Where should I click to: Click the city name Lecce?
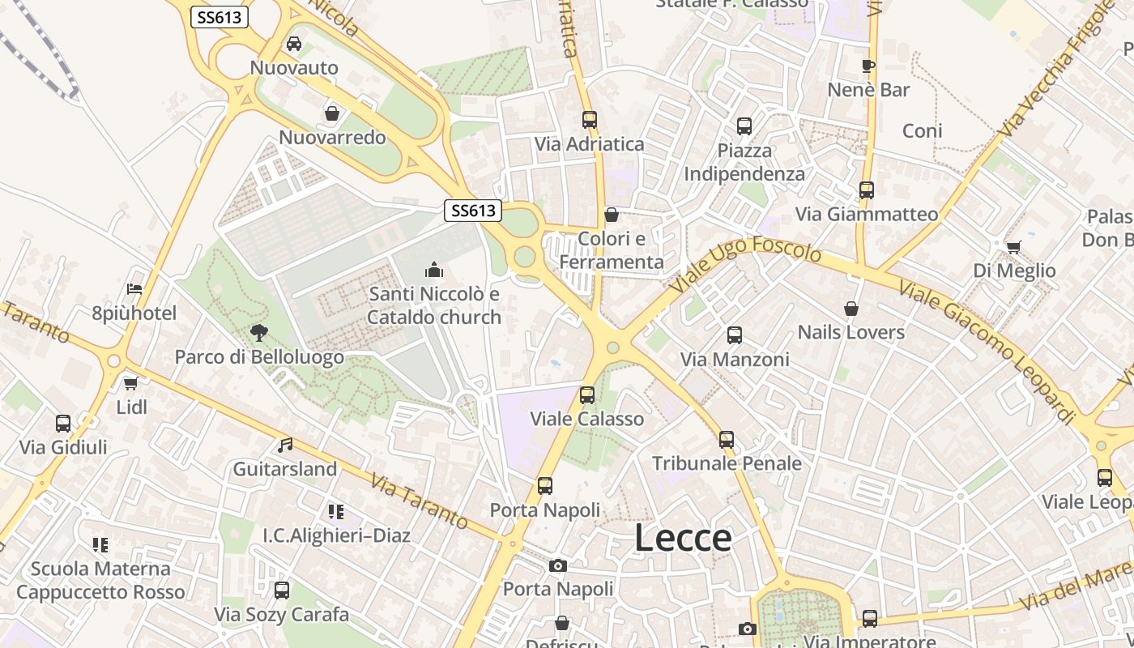[x=683, y=538]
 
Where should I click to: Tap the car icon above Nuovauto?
[x=294, y=44]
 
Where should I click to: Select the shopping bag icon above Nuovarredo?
[x=331, y=113]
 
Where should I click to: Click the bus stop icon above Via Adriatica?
[x=590, y=120]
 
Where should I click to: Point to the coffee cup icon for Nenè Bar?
[x=868, y=66]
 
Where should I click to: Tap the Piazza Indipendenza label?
[x=744, y=162]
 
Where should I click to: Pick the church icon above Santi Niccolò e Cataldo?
[x=434, y=270]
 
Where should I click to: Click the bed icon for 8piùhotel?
[x=134, y=289]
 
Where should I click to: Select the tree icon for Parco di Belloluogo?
[x=259, y=332]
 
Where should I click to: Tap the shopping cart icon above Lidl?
[x=131, y=383]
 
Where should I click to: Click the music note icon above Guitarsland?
[x=285, y=445]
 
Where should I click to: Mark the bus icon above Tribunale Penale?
[x=727, y=440]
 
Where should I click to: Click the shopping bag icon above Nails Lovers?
[x=851, y=309]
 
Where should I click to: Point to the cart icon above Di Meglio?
[x=1013, y=247]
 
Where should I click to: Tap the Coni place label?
[x=923, y=131]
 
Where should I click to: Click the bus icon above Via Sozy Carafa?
[x=282, y=590]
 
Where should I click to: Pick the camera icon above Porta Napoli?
[x=557, y=565]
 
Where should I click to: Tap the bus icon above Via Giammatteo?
[x=867, y=190]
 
